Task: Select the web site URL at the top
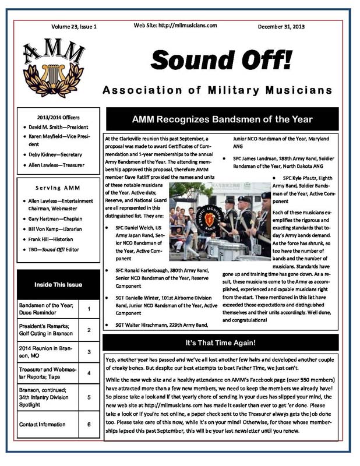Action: (x=175, y=26)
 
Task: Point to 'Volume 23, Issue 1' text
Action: (x=74, y=27)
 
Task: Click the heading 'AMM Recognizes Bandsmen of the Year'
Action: (x=222, y=119)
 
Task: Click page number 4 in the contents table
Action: (x=89, y=373)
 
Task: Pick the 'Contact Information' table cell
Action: (x=46, y=425)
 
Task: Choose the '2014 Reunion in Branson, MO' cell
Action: (x=46, y=352)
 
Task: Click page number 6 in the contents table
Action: (x=89, y=425)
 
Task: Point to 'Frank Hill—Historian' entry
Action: (x=55, y=239)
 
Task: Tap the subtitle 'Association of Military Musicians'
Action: (x=217, y=90)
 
